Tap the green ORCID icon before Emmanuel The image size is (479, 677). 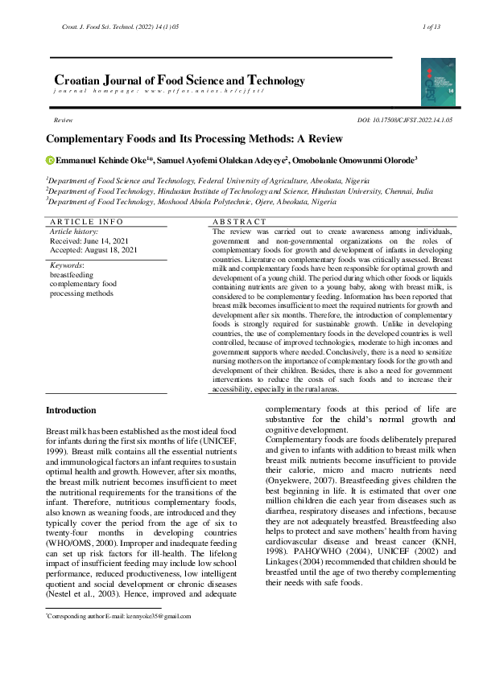tap(49, 160)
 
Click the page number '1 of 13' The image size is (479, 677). tap(431, 27)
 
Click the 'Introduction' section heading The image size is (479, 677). tap(71, 411)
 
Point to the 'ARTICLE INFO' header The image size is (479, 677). tap(86, 221)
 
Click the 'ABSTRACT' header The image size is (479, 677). tap(239, 221)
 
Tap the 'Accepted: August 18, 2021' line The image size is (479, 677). tap(93, 249)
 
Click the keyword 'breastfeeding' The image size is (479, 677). tap(72, 274)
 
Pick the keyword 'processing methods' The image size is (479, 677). tap(81, 293)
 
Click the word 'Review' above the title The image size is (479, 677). tap(63, 119)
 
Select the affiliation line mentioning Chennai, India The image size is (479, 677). tap(239, 192)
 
